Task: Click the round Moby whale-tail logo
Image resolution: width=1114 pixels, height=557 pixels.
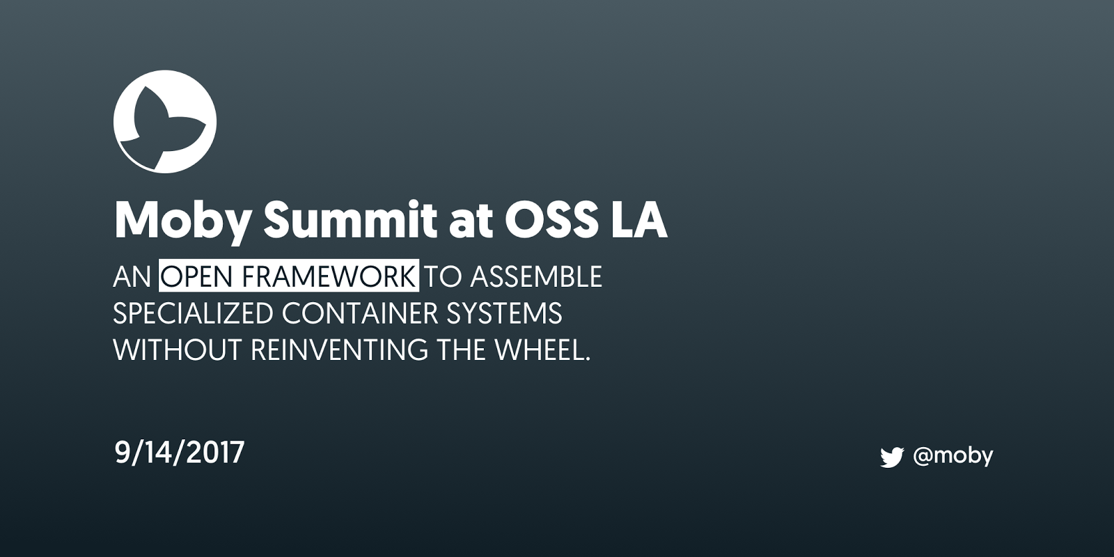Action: click(164, 121)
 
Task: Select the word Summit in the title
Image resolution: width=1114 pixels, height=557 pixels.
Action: click(351, 220)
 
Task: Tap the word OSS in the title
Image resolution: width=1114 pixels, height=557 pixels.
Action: click(551, 220)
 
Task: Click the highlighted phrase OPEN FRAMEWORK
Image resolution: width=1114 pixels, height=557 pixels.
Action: click(288, 276)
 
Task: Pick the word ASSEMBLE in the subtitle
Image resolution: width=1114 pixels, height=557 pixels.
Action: click(536, 276)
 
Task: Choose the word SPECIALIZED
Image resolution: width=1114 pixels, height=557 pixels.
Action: click(193, 313)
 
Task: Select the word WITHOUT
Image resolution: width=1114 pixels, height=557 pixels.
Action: click(177, 350)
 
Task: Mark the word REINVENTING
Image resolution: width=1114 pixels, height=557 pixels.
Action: click(338, 350)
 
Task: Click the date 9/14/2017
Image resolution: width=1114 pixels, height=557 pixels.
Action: click(180, 453)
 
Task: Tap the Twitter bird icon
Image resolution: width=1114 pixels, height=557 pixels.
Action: click(892, 457)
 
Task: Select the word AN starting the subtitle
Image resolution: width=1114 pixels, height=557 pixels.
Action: click(132, 276)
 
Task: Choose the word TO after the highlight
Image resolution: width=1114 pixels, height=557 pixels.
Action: click(443, 276)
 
